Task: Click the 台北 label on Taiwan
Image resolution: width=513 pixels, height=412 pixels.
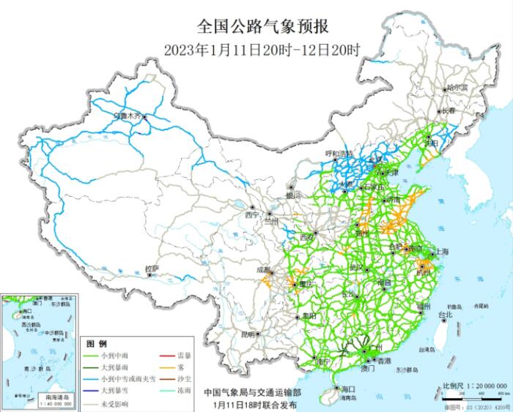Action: pyautogui.click(x=444, y=315)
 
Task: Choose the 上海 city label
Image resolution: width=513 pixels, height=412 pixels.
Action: pyautogui.click(x=442, y=251)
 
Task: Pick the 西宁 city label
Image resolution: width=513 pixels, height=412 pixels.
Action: pyautogui.click(x=253, y=215)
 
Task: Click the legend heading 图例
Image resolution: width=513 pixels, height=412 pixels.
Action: pyautogui.click(x=97, y=343)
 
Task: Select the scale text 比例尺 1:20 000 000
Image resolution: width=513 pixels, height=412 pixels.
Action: pyautogui.click(x=475, y=385)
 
